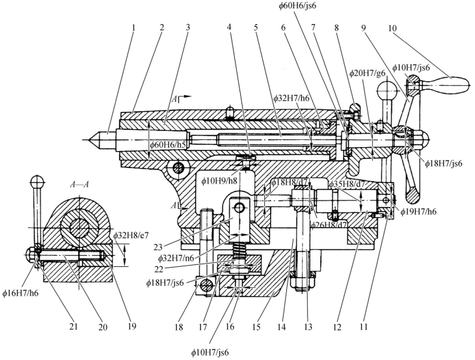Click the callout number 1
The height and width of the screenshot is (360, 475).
pos(133,28)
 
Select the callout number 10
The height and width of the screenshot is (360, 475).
pos(392,28)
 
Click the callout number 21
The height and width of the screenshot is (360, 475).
pos(74,327)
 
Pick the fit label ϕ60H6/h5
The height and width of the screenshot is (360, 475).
pos(168,145)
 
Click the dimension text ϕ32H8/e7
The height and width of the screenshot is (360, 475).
pos(131,235)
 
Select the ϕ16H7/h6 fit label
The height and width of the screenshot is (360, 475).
pos(21,293)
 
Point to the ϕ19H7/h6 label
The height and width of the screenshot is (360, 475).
pos(418,212)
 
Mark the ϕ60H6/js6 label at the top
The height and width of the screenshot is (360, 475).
pos(298,5)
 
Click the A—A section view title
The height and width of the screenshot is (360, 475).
pos(79,184)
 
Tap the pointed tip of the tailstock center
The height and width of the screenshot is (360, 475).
pos(88,140)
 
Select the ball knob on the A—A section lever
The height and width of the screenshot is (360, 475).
pos(37,182)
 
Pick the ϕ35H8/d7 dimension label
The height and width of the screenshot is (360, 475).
pos(347,184)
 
